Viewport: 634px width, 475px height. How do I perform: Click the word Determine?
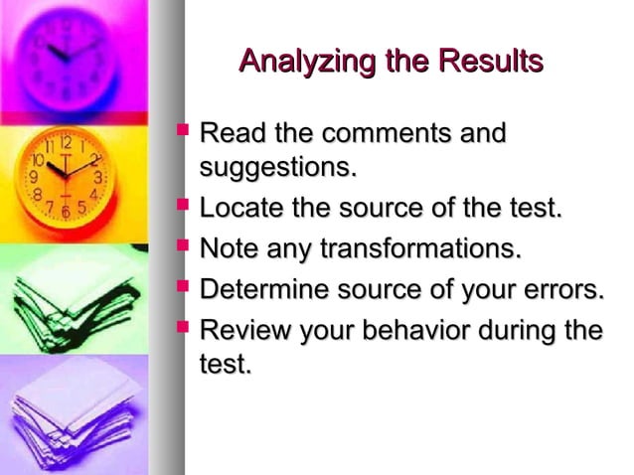(260, 289)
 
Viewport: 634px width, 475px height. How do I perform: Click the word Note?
(225, 247)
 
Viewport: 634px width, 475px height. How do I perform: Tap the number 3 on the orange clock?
(97, 176)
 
